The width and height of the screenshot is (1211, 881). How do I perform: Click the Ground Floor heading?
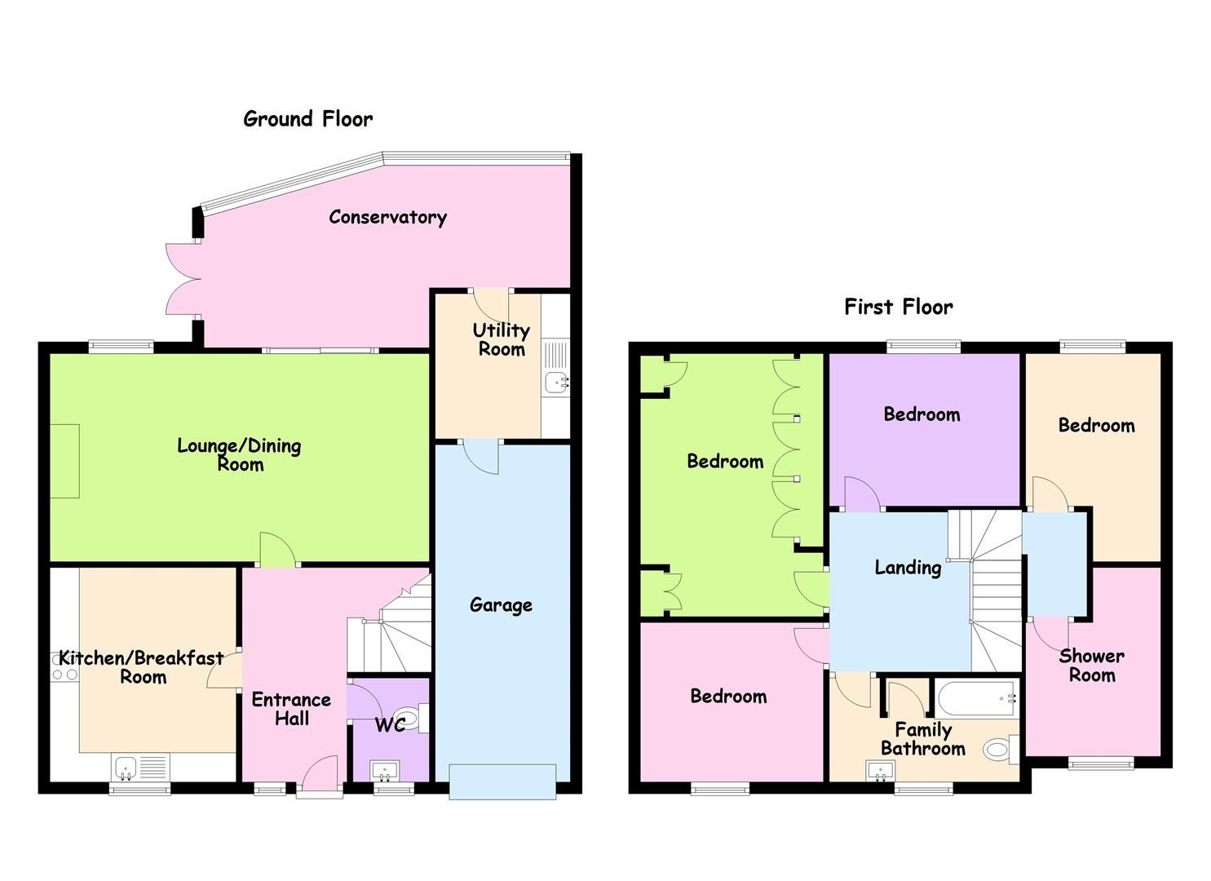click(307, 119)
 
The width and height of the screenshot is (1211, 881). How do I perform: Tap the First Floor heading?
click(898, 308)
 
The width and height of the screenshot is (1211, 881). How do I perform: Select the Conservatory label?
click(387, 217)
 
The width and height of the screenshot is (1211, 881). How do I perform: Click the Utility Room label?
click(502, 339)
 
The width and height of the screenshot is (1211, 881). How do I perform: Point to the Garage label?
click(501, 605)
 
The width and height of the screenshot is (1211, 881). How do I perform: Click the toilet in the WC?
click(411, 719)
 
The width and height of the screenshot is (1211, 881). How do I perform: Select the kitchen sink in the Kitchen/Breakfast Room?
click(126, 767)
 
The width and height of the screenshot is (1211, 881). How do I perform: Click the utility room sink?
click(558, 381)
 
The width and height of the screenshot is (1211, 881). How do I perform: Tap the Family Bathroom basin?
click(879, 770)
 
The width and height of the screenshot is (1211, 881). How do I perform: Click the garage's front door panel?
click(502, 781)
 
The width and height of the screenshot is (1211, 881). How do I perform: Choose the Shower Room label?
click(1092, 666)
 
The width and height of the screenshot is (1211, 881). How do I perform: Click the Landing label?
click(907, 568)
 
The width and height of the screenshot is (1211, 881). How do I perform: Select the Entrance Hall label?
click(291, 709)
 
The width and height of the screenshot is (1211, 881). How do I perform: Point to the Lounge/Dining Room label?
click(240, 455)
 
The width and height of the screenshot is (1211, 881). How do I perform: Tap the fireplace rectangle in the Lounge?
click(65, 461)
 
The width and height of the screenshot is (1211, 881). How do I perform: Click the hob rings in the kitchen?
click(64, 675)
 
